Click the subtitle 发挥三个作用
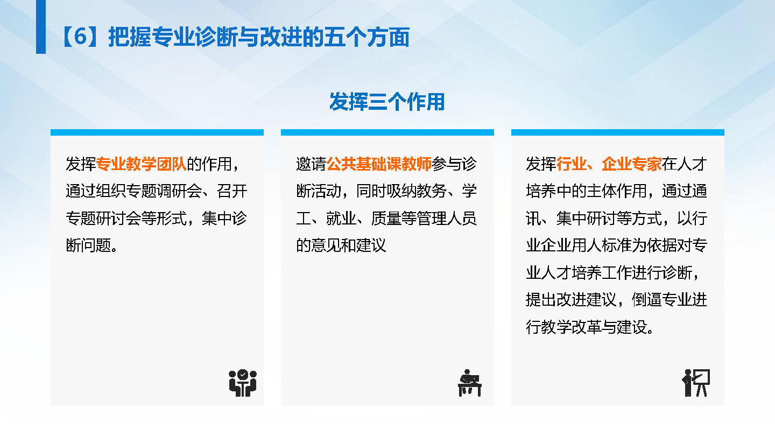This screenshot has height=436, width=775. click(387, 102)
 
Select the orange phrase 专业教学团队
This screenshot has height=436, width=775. click(141, 164)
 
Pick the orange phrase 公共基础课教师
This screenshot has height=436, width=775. click(379, 164)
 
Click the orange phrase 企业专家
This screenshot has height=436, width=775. click(631, 164)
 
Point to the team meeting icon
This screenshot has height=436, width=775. click(243, 383)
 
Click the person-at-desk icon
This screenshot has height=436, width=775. click(469, 383)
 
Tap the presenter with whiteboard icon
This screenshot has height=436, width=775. click(696, 383)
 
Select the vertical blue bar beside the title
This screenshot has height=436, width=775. click(41, 27)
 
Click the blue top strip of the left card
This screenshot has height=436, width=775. click(157, 132)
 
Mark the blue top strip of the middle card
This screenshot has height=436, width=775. click(387, 132)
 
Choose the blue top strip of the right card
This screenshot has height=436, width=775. click(618, 132)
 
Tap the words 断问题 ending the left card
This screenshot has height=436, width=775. click(88, 245)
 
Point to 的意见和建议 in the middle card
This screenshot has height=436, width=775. click(341, 245)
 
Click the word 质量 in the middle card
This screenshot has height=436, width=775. click(386, 219)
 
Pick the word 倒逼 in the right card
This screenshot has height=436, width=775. click(647, 300)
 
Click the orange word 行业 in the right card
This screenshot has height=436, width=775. click(571, 164)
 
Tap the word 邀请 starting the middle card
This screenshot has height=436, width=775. click(312, 164)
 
